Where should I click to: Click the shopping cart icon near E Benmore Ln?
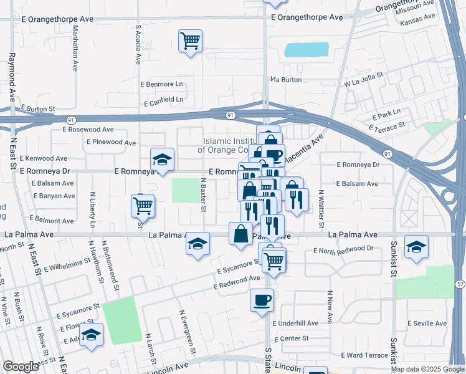(x=190, y=42)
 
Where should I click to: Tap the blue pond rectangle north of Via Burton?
(x=306, y=50)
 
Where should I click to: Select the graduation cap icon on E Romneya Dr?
(x=162, y=160)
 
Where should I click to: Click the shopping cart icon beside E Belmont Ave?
(x=143, y=205)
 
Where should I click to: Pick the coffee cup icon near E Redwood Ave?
(x=262, y=300)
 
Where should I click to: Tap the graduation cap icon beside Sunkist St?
(x=416, y=247)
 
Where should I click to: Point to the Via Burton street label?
(x=285, y=80)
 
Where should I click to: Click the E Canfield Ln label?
(x=164, y=99)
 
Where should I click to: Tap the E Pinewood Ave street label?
(x=112, y=143)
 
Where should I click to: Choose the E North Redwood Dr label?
(x=346, y=250)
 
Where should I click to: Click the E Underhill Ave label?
(x=296, y=324)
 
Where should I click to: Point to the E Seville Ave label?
(x=427, y=324)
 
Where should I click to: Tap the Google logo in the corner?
(x=21, y=367)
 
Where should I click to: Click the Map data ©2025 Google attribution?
(x=427, y=369)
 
